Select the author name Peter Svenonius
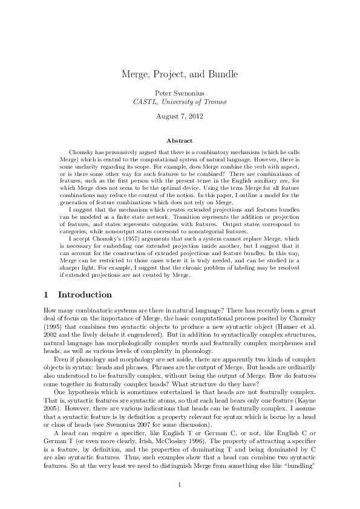point(180,92)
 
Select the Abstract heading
point(180,140)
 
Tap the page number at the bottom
point(180,484)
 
